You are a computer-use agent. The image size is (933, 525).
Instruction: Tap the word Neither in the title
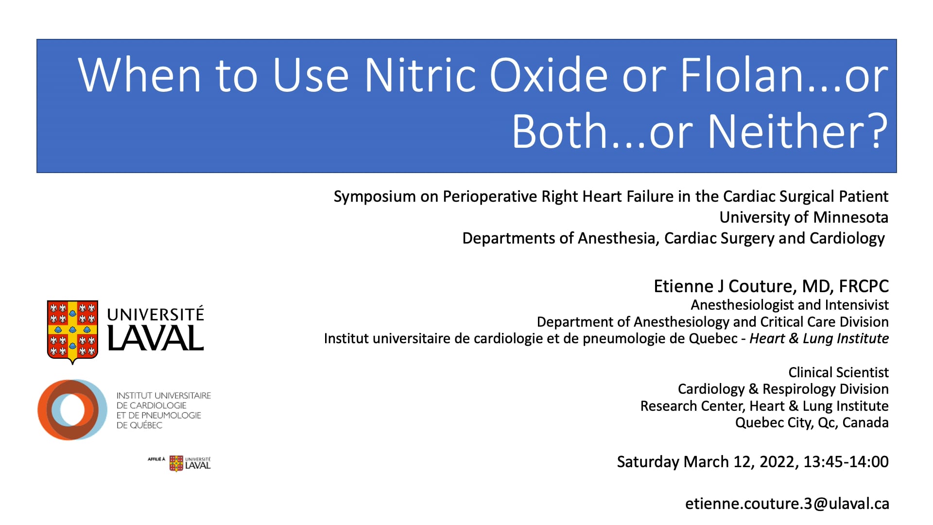click(783, 131)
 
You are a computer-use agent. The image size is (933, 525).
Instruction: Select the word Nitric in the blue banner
click(420, 75)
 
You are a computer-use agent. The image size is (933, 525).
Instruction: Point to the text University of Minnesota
click(803, 217)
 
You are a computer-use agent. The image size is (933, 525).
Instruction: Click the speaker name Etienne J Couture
click(725, 286)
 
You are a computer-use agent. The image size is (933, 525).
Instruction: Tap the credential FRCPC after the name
click(864, 286)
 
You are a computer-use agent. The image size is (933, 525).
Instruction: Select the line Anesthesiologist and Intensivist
click(789, 305)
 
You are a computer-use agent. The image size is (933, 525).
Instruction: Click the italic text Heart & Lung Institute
click(819, 339)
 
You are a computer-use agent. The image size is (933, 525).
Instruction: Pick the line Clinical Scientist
click(838, 373)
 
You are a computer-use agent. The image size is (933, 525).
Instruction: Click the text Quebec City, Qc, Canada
click(812, 423)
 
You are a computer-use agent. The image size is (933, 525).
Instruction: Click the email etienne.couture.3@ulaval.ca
click(787, 504)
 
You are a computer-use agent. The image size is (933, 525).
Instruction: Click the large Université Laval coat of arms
click(72, 332)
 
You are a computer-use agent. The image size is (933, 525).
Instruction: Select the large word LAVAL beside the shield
click(155, 338)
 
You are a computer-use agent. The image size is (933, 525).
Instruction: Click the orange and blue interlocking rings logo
click(72, 410)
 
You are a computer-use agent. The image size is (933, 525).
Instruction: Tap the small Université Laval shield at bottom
click(176, 463)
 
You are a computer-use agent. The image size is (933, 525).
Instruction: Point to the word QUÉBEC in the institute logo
click(145, 425)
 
